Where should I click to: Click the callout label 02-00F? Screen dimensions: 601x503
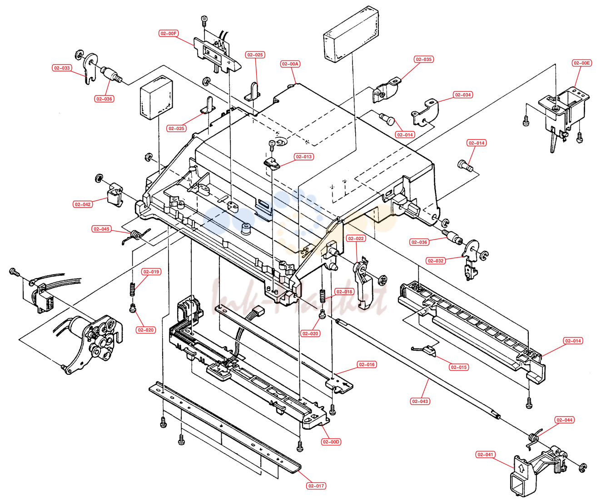click(169, 34)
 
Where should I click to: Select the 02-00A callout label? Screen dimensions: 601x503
click(290, 64)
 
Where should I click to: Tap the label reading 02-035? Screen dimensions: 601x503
click(424, 60)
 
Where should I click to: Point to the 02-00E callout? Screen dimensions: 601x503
click(581, 63)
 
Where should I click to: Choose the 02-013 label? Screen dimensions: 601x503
click(303, 157)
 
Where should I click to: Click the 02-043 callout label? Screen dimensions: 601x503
click(420, 401)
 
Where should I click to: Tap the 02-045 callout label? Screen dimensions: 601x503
click(101, 229)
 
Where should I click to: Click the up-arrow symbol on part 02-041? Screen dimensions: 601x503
click(521, 469)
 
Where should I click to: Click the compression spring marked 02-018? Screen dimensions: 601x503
click(323, 296)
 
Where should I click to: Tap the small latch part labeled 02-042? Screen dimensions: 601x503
click(115, 195)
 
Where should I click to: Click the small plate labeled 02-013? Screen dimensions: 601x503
click(272, 163)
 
